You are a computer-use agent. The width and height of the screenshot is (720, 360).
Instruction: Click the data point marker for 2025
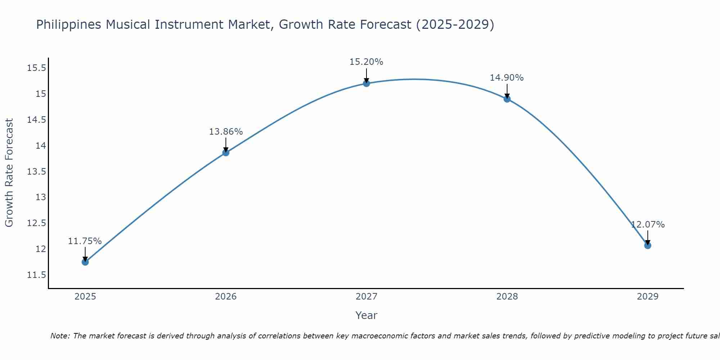(85, 262)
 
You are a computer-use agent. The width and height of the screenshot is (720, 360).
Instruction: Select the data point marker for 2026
(226, 153)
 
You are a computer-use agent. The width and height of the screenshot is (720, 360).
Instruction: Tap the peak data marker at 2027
(366, 84)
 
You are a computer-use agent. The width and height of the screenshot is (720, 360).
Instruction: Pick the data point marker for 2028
(507, 99)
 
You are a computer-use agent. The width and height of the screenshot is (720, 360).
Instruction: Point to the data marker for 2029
(648, 246)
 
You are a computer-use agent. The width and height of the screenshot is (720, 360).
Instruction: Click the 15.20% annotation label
(366, 62)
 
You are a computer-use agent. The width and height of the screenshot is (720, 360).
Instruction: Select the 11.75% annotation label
(85, 241)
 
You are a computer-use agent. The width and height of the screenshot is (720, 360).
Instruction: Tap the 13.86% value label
(226, 132)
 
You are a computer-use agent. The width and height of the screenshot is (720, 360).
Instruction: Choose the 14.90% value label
(507, 78)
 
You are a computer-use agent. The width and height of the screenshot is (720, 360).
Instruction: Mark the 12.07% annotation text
(648, 225)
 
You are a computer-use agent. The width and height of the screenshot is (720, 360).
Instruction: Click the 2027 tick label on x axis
(366, 297)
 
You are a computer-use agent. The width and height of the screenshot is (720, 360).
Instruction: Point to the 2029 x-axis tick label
(647, 297)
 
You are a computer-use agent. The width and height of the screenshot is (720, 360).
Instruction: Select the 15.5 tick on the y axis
(37, 68)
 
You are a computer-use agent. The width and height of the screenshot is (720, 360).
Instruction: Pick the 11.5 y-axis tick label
(37, 275)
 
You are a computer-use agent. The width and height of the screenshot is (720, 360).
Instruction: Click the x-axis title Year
(366, 315)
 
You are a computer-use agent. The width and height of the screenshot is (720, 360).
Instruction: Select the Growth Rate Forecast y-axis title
(9, 173)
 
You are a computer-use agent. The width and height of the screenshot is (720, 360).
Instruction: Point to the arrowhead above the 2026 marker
(226, 149)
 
